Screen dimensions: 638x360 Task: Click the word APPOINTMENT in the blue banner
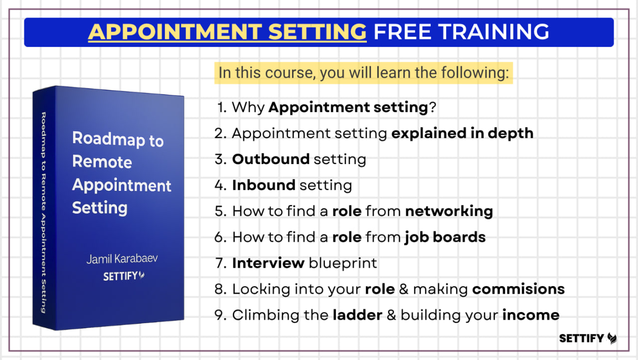point(175,31)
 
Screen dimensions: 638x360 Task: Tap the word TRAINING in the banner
point(493,31)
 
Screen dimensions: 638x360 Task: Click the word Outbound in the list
point(271,159)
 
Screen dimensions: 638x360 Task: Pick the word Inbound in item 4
point(264,185)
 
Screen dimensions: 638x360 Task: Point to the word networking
point(449,211)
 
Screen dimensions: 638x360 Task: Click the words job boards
point(445,237)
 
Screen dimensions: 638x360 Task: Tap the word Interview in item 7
point(268,263)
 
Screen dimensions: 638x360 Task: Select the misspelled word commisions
point(518,289)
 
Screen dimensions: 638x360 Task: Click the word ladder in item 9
point(357,315)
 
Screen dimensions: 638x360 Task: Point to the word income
point(531,315)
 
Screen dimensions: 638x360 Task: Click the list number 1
point(221,108)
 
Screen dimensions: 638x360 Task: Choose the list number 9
point(220,315)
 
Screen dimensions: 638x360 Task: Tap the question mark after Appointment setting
point(432,107)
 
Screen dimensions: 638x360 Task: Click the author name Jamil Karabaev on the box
point(122,259)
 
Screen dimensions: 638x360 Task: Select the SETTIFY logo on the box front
point(124,276)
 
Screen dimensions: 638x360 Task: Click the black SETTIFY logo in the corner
point(588,338)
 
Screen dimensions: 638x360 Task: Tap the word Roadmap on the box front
point(109,139)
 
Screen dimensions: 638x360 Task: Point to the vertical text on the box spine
point(43,212)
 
